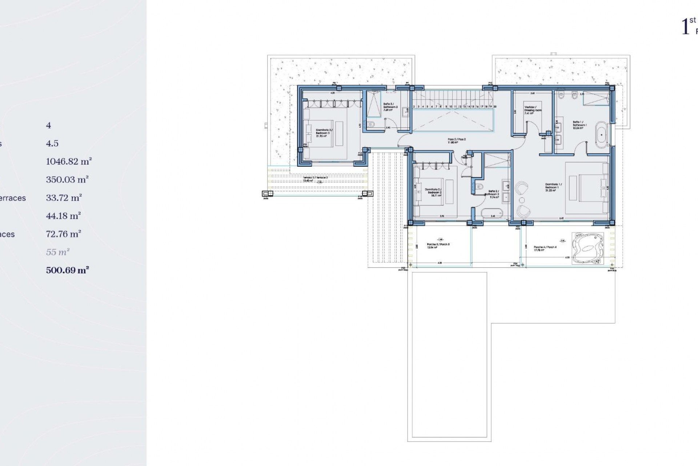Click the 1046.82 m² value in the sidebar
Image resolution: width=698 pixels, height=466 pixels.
point(69,161)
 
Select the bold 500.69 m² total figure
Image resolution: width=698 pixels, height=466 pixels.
point(68,270)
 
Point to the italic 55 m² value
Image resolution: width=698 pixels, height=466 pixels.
point(58,252)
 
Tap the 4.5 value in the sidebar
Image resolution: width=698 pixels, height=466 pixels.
point(52,143)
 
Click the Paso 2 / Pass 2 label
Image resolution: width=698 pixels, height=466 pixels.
point(457,141)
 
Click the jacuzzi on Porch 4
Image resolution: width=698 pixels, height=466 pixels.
point(587,248)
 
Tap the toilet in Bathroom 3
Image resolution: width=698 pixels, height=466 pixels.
point(371,125)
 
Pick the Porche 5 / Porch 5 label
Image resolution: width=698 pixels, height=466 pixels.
point(438,246)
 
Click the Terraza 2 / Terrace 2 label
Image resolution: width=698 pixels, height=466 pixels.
point(315,179)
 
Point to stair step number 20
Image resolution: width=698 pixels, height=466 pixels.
point(495,107)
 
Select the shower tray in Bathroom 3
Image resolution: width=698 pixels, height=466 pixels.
point(372,103)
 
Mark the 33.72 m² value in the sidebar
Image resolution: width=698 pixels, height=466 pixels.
point(64,198)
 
